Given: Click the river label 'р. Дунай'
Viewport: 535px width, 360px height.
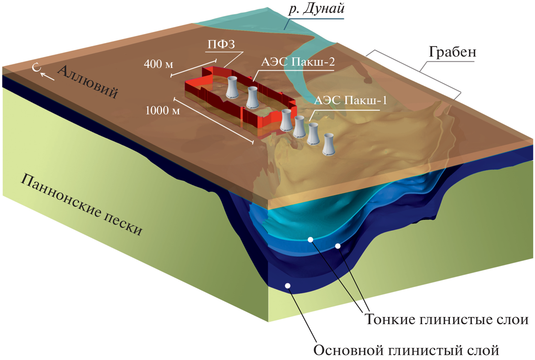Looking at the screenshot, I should click(316, 9).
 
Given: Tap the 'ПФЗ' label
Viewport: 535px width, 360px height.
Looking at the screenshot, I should click(221, 45).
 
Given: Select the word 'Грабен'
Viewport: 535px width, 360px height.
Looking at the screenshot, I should click(452, 52).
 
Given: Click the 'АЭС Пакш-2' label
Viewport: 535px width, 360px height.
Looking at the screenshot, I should click(298, 62).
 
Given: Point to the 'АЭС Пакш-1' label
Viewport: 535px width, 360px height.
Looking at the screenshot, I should click(350, 100).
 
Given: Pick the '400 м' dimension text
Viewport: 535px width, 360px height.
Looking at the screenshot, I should click(158, 64).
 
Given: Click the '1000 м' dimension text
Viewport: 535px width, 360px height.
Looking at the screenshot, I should click(162, 111).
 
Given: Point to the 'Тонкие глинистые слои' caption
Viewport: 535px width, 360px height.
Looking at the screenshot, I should click(446, 320).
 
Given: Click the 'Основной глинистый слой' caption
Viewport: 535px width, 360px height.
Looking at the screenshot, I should click(406, 351).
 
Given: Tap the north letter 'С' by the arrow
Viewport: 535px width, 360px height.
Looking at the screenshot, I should click(36, 68).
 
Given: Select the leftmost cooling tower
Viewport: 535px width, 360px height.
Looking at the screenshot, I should click(232, 87).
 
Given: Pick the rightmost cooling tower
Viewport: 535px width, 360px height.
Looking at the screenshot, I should click(328, 144).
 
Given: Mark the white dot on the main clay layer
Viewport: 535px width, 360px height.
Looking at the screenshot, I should click(288, 286).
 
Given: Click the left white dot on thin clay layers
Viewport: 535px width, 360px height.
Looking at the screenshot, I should click(310, 240).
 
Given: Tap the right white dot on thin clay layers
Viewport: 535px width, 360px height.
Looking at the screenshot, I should click(338, 246).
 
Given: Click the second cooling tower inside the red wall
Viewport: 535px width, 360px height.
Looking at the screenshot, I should click(252, 97).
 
